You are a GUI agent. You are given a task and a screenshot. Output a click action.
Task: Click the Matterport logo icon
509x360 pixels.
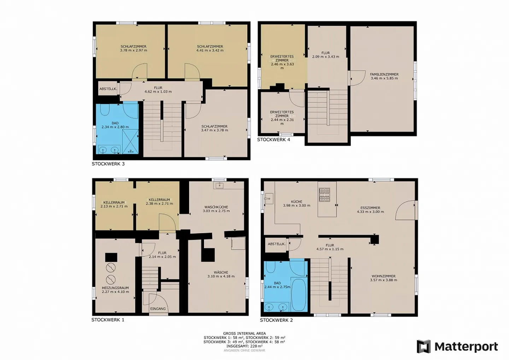click(x=423, y=347)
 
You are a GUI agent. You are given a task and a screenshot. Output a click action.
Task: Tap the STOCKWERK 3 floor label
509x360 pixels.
click(x=108, y=164)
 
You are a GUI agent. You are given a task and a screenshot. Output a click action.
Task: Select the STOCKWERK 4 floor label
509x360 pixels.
click(x=274, y=140)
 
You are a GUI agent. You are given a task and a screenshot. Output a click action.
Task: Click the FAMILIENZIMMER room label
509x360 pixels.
click(x=384, y=75)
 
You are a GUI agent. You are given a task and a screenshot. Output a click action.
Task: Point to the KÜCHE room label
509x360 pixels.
click(x=297, y=202)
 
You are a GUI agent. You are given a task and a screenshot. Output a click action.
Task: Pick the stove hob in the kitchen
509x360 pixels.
click(x=324, y=195)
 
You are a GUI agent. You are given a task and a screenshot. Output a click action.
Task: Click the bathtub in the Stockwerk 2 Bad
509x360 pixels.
click(x=298, y=295)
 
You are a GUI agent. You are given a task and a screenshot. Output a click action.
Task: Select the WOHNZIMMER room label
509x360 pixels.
click(x=384, y=276)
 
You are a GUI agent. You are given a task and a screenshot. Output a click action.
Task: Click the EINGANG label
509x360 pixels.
click(x=158, y=309)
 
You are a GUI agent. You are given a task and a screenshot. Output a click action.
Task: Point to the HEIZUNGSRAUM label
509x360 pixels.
click(x=115, y=288)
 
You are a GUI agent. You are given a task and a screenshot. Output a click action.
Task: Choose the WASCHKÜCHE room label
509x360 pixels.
click(x=216, y=207)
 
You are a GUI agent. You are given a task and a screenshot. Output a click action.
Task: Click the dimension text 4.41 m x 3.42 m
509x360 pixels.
click(x=210, y=51)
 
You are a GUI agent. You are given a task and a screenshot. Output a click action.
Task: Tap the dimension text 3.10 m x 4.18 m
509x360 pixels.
click(x=221, y=276)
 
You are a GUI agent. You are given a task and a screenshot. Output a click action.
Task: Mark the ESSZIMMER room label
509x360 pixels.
click(x=370, y=208)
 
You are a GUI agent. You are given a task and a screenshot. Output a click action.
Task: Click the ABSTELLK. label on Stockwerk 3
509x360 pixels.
click(x=108, y=89)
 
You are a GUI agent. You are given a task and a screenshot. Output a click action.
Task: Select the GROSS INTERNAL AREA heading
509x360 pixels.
click(x=244, y=334)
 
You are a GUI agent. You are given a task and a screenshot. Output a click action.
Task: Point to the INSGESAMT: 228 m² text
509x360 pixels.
click(x=244, y=346)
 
